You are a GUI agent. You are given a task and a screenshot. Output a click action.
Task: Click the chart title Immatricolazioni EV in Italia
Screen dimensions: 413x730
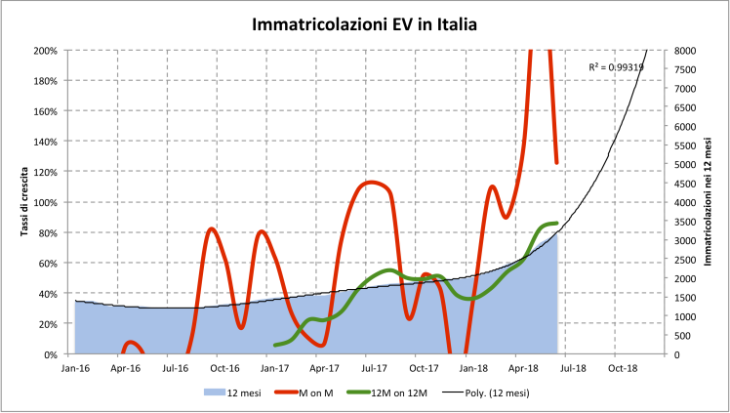click(x=364, y=23)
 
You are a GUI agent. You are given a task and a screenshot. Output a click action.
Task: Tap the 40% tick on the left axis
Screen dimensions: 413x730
click(x=47, y=293)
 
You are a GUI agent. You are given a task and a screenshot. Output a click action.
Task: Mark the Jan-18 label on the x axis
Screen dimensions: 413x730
click(x=473, y=369)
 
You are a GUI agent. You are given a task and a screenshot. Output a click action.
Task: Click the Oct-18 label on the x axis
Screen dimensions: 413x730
click(x=623, y=369)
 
